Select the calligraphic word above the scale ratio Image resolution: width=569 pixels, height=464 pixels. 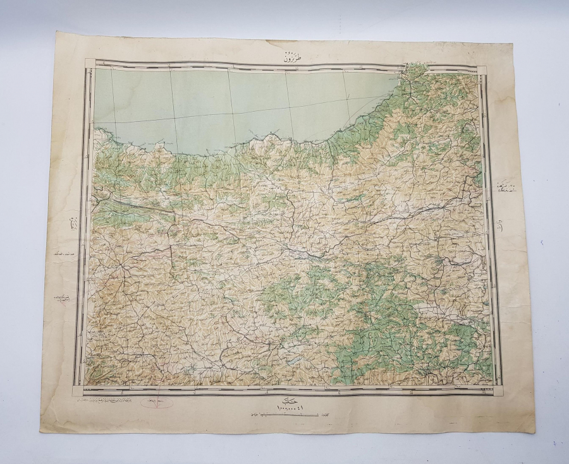pyautogui.click(x=285, y=398)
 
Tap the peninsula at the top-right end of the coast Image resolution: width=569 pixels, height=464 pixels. pyautogui.click(x=414, y=68)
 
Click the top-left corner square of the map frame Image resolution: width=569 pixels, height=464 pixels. pyautogui.click(x=89, y=63)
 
